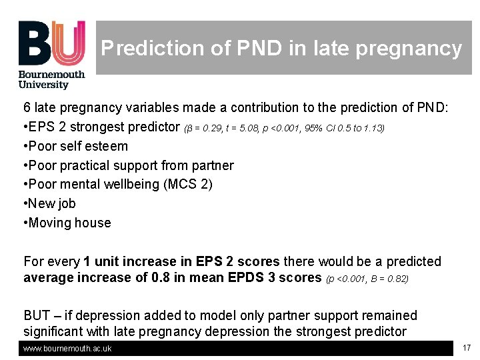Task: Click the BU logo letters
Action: [51, 43]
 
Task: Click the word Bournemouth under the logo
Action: [51, 75]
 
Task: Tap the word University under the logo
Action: [43, 85]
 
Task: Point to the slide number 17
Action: [466, 347]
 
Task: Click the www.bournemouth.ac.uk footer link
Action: [67, 349]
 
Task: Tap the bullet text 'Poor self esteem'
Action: [78, 146]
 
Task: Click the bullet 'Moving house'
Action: [69, 223]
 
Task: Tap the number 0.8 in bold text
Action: [159, 277]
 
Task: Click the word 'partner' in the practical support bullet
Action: [213, 165]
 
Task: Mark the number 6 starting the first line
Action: [27, 107]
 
